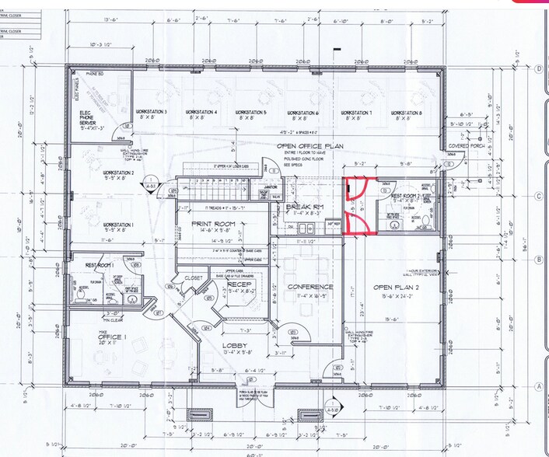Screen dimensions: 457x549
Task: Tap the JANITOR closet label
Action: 271,187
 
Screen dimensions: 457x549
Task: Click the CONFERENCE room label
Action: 310,287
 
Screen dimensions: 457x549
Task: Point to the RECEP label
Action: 238,285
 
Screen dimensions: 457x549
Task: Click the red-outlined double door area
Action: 358,205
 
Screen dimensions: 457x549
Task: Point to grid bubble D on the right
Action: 539,68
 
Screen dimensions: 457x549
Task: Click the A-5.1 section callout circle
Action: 332,410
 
